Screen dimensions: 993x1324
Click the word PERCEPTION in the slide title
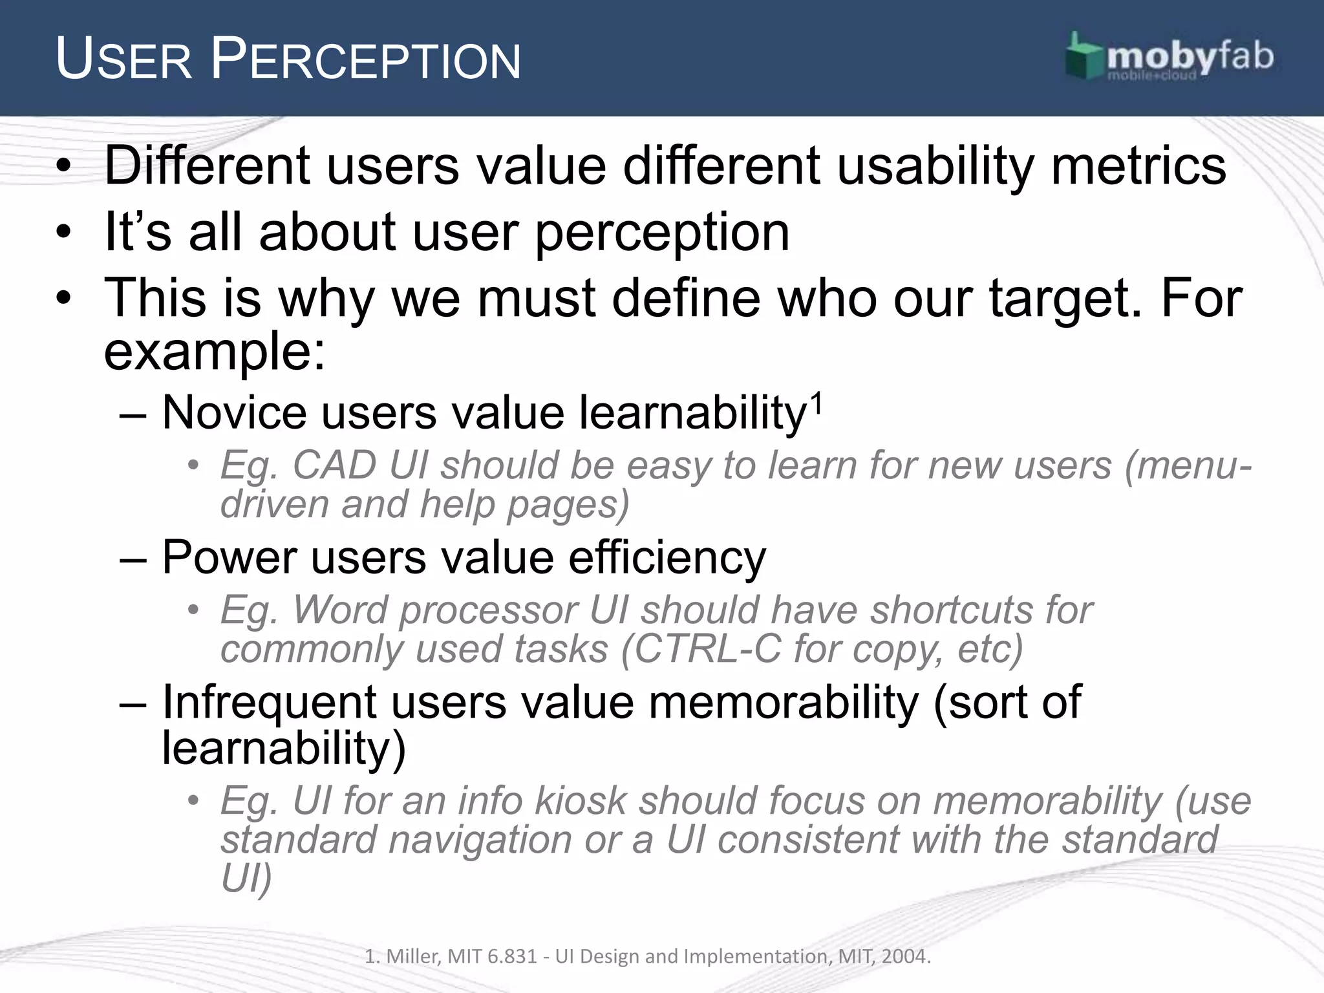pyautogui.click(x=366, y=60)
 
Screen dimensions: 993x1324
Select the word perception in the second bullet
pyautogui.click(x=662, y=233)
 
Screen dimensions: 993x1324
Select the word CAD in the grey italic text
pyautogui.click(x=334, y=465)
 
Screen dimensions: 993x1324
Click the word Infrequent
pyautogui.click(x=269, y=702)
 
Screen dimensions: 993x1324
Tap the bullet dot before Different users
pyautogui.click(x=63, y=167)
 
